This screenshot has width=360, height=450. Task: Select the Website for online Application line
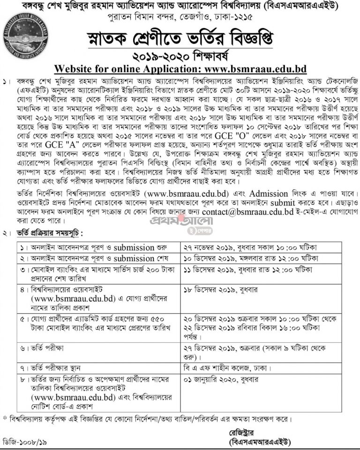tap(180, 69)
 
